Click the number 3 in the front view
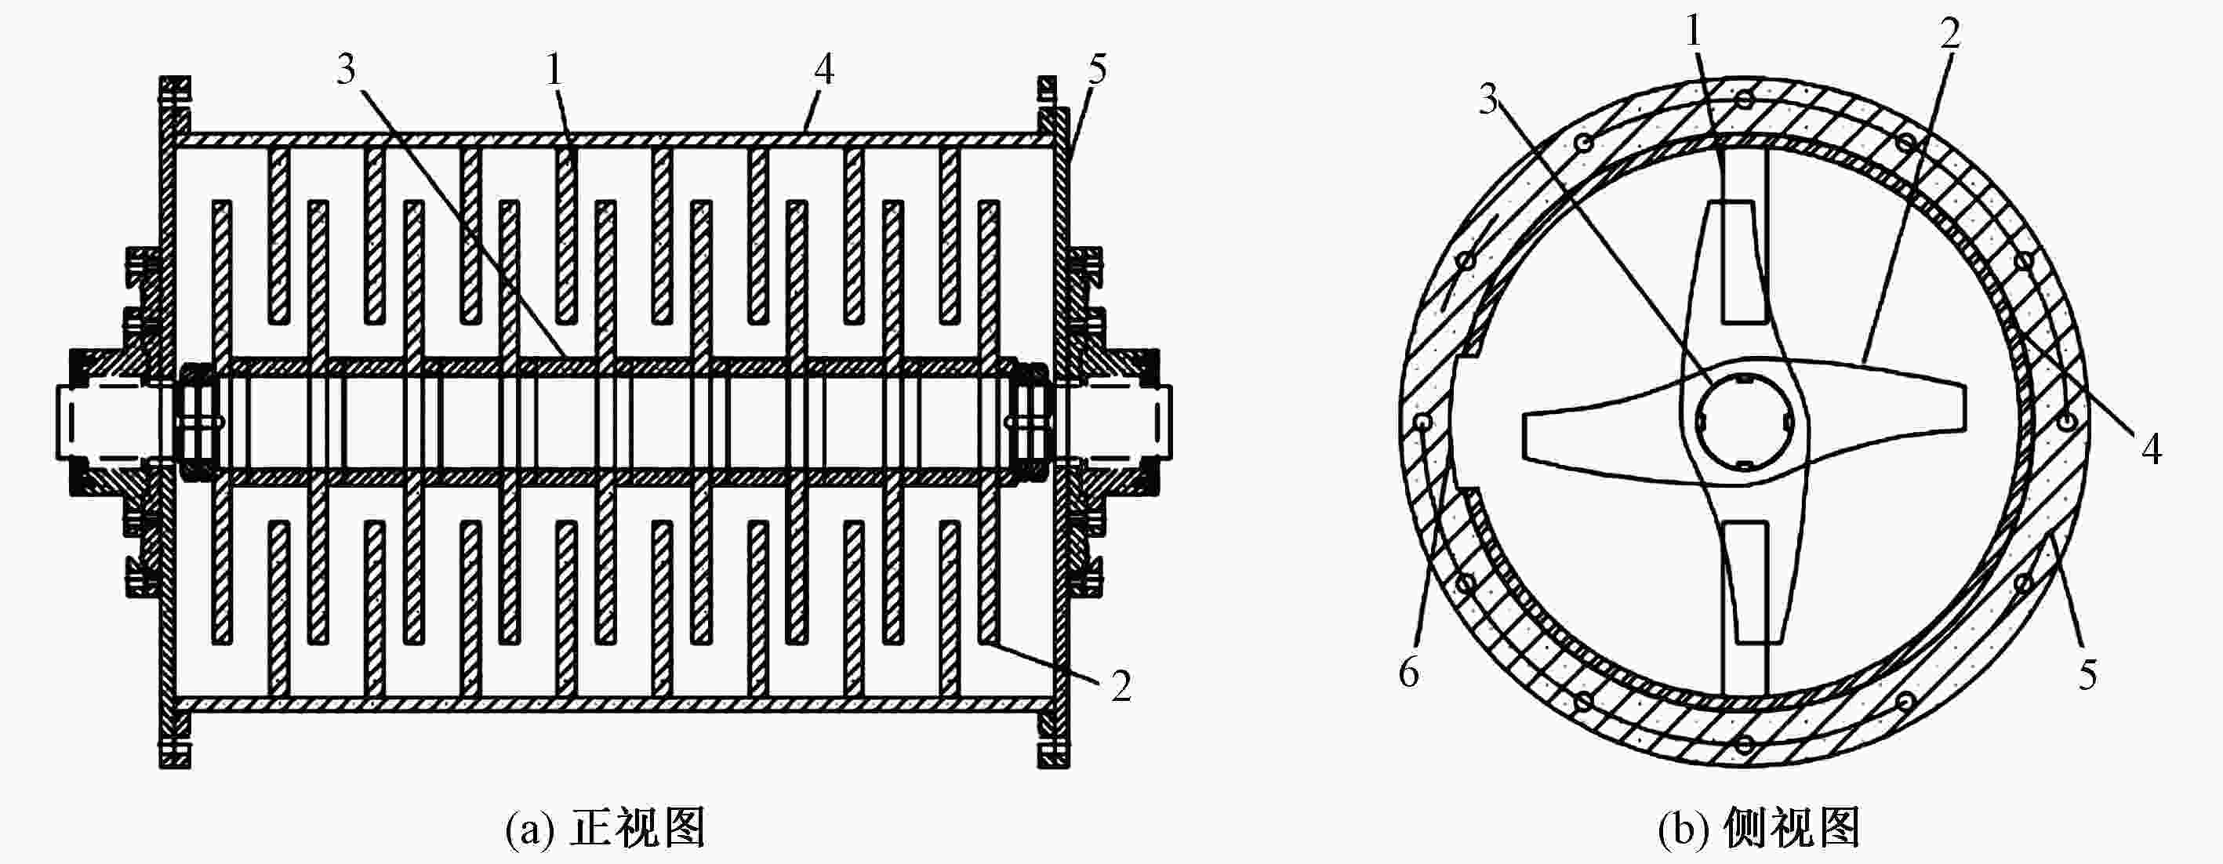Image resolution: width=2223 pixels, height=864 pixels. [346, 69]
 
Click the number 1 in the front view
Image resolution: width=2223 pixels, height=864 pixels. [554, 69]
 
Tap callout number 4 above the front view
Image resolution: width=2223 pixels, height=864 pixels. [824, 69]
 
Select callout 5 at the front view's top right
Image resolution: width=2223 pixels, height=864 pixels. [1097, 69]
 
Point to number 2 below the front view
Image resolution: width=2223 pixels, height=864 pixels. [1121, 686]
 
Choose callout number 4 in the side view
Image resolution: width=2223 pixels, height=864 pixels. [2152, 448]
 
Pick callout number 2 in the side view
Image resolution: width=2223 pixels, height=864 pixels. [1949, 33]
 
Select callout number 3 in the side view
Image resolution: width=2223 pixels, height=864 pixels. [1488, 100]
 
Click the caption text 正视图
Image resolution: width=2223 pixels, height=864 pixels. [638, 830]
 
